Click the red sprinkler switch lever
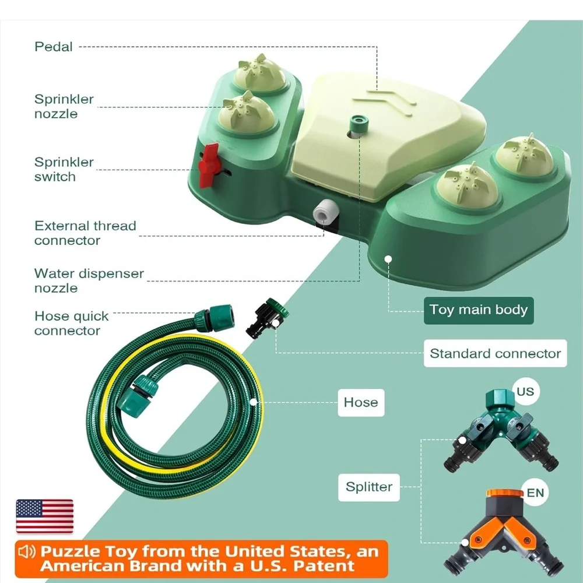tap(208, 165)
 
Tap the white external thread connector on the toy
tap(325, 212)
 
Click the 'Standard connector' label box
tap(495, 353)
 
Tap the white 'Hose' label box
tap(361, 402)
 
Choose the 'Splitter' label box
tap(369, 487)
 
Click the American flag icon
tap(45, 517)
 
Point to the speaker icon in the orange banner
tap(27, 552)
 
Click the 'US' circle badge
tap(525, 392)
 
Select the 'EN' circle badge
tap(535, 493)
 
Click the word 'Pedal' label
tap(54, 47)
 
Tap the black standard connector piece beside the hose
tap(266, 318)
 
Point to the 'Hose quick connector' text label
tap(71, 324)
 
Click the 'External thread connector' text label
tap(85, 233)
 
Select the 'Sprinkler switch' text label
tap(64, 169)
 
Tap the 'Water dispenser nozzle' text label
tap(89, 281)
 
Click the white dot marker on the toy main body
tap(388, 259)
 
